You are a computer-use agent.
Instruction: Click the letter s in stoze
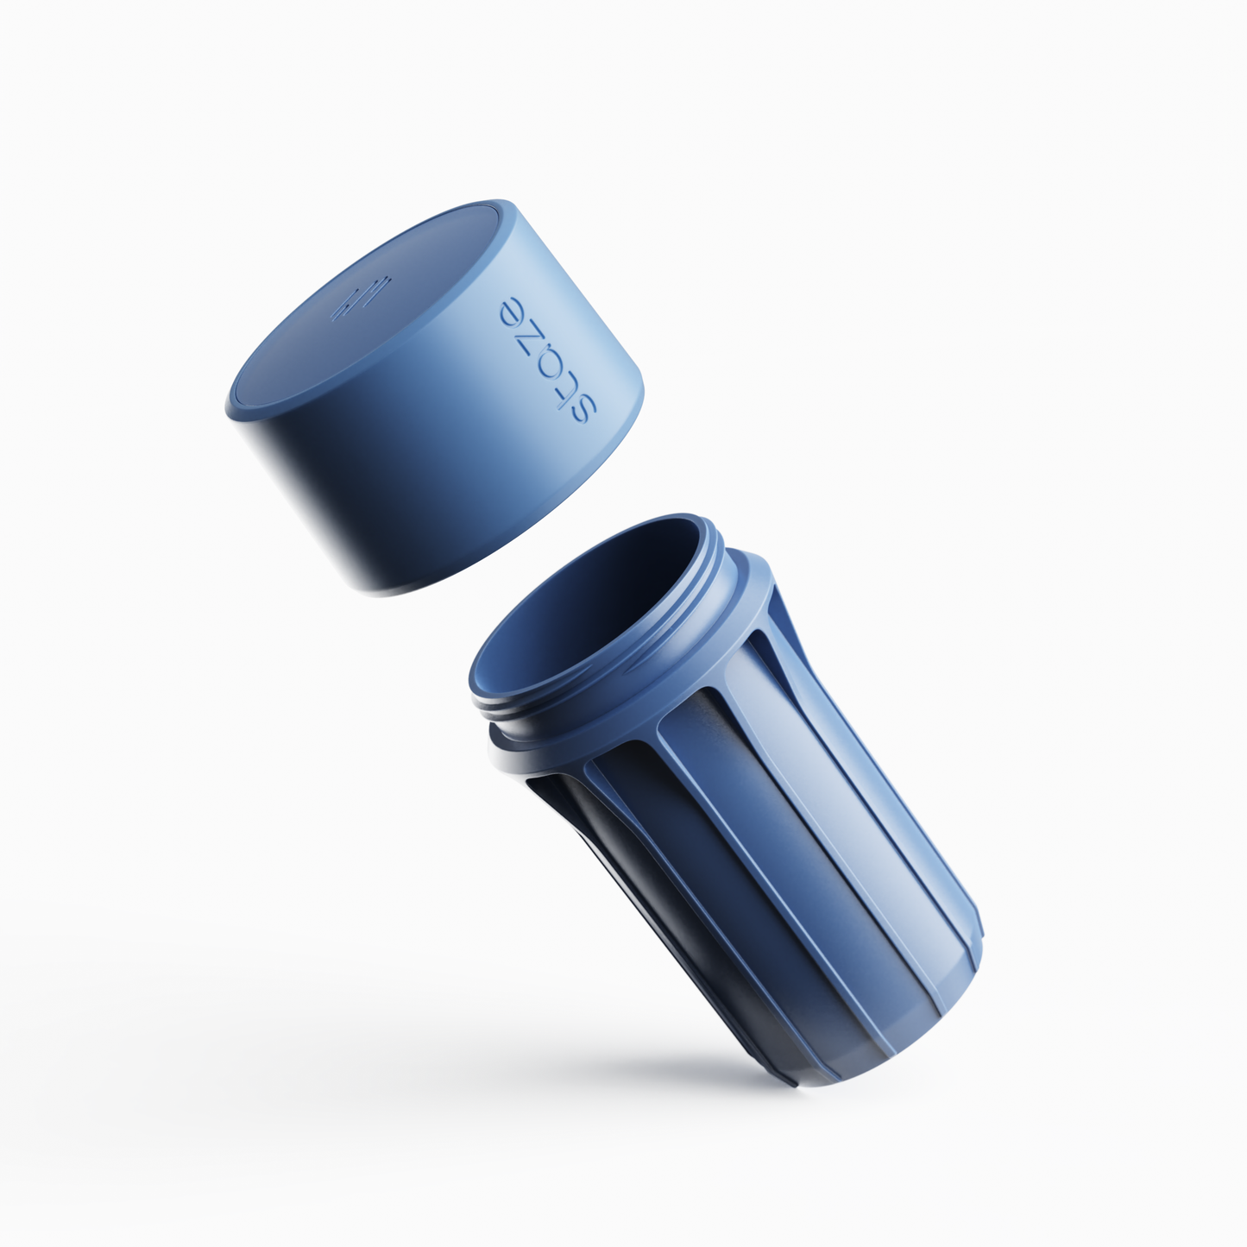coord(582,408)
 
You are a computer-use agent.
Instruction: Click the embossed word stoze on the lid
coord(547,360)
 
